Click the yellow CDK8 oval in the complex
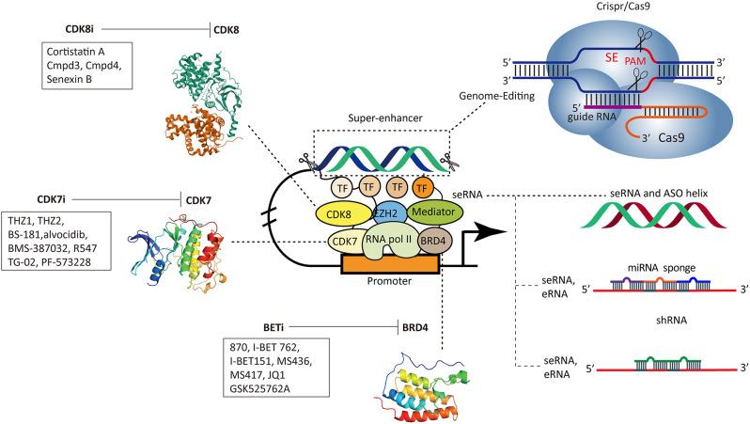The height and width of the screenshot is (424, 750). pos(321,215)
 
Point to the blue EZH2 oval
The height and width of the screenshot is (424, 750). pos(377,213)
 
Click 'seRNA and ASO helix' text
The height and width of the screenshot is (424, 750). pos(656,193)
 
